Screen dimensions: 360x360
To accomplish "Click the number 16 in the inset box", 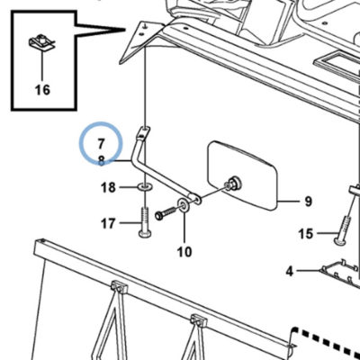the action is point(42,90).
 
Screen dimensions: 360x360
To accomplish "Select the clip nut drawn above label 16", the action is point(42,42).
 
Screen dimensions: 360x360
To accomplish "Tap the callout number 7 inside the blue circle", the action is point(101,144).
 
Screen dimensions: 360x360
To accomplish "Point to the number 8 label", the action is point(102,161).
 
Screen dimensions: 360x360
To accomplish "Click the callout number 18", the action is point(108,188).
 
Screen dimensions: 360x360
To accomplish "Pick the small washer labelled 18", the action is point(145,188).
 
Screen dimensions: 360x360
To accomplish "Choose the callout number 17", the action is point(108,223).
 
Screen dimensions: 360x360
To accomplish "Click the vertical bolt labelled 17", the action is point(145,222).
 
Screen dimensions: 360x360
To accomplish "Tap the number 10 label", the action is point(184,252).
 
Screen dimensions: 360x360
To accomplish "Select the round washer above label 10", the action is point(184,204).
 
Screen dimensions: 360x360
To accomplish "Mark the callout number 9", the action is point(309,202).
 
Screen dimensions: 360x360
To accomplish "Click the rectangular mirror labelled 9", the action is point(242,175).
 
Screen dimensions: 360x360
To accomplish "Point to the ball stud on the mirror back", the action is point(235,184).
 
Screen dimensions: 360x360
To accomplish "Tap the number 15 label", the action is point(305,234).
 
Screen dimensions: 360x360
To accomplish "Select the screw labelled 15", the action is point(344,230).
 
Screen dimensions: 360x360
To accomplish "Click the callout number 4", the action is point(289,272).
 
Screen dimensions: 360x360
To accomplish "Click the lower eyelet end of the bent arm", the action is point(195,199).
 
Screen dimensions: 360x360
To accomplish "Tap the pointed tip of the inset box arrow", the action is point(125,30).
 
